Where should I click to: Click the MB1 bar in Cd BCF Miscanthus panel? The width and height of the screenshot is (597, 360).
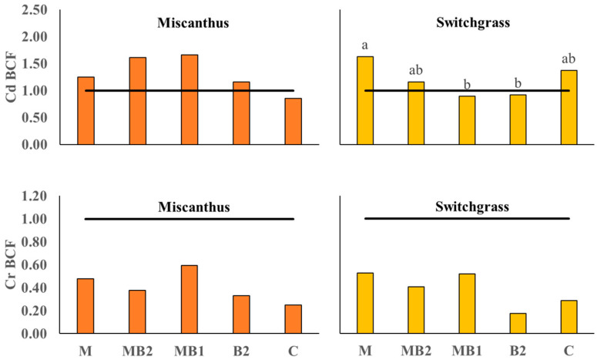(189, 99)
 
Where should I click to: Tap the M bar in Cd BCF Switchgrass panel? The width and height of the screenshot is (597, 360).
(365, 100)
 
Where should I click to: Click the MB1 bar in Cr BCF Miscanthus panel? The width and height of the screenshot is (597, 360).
(189, 300)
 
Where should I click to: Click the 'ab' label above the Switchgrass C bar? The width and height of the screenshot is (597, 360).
(568, 59)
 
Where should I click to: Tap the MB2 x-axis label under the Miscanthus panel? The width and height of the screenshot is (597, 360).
(138, 351)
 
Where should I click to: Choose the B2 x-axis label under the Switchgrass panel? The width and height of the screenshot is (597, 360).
(518, 351)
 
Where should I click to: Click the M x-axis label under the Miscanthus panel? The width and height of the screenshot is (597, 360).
(86, 351)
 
